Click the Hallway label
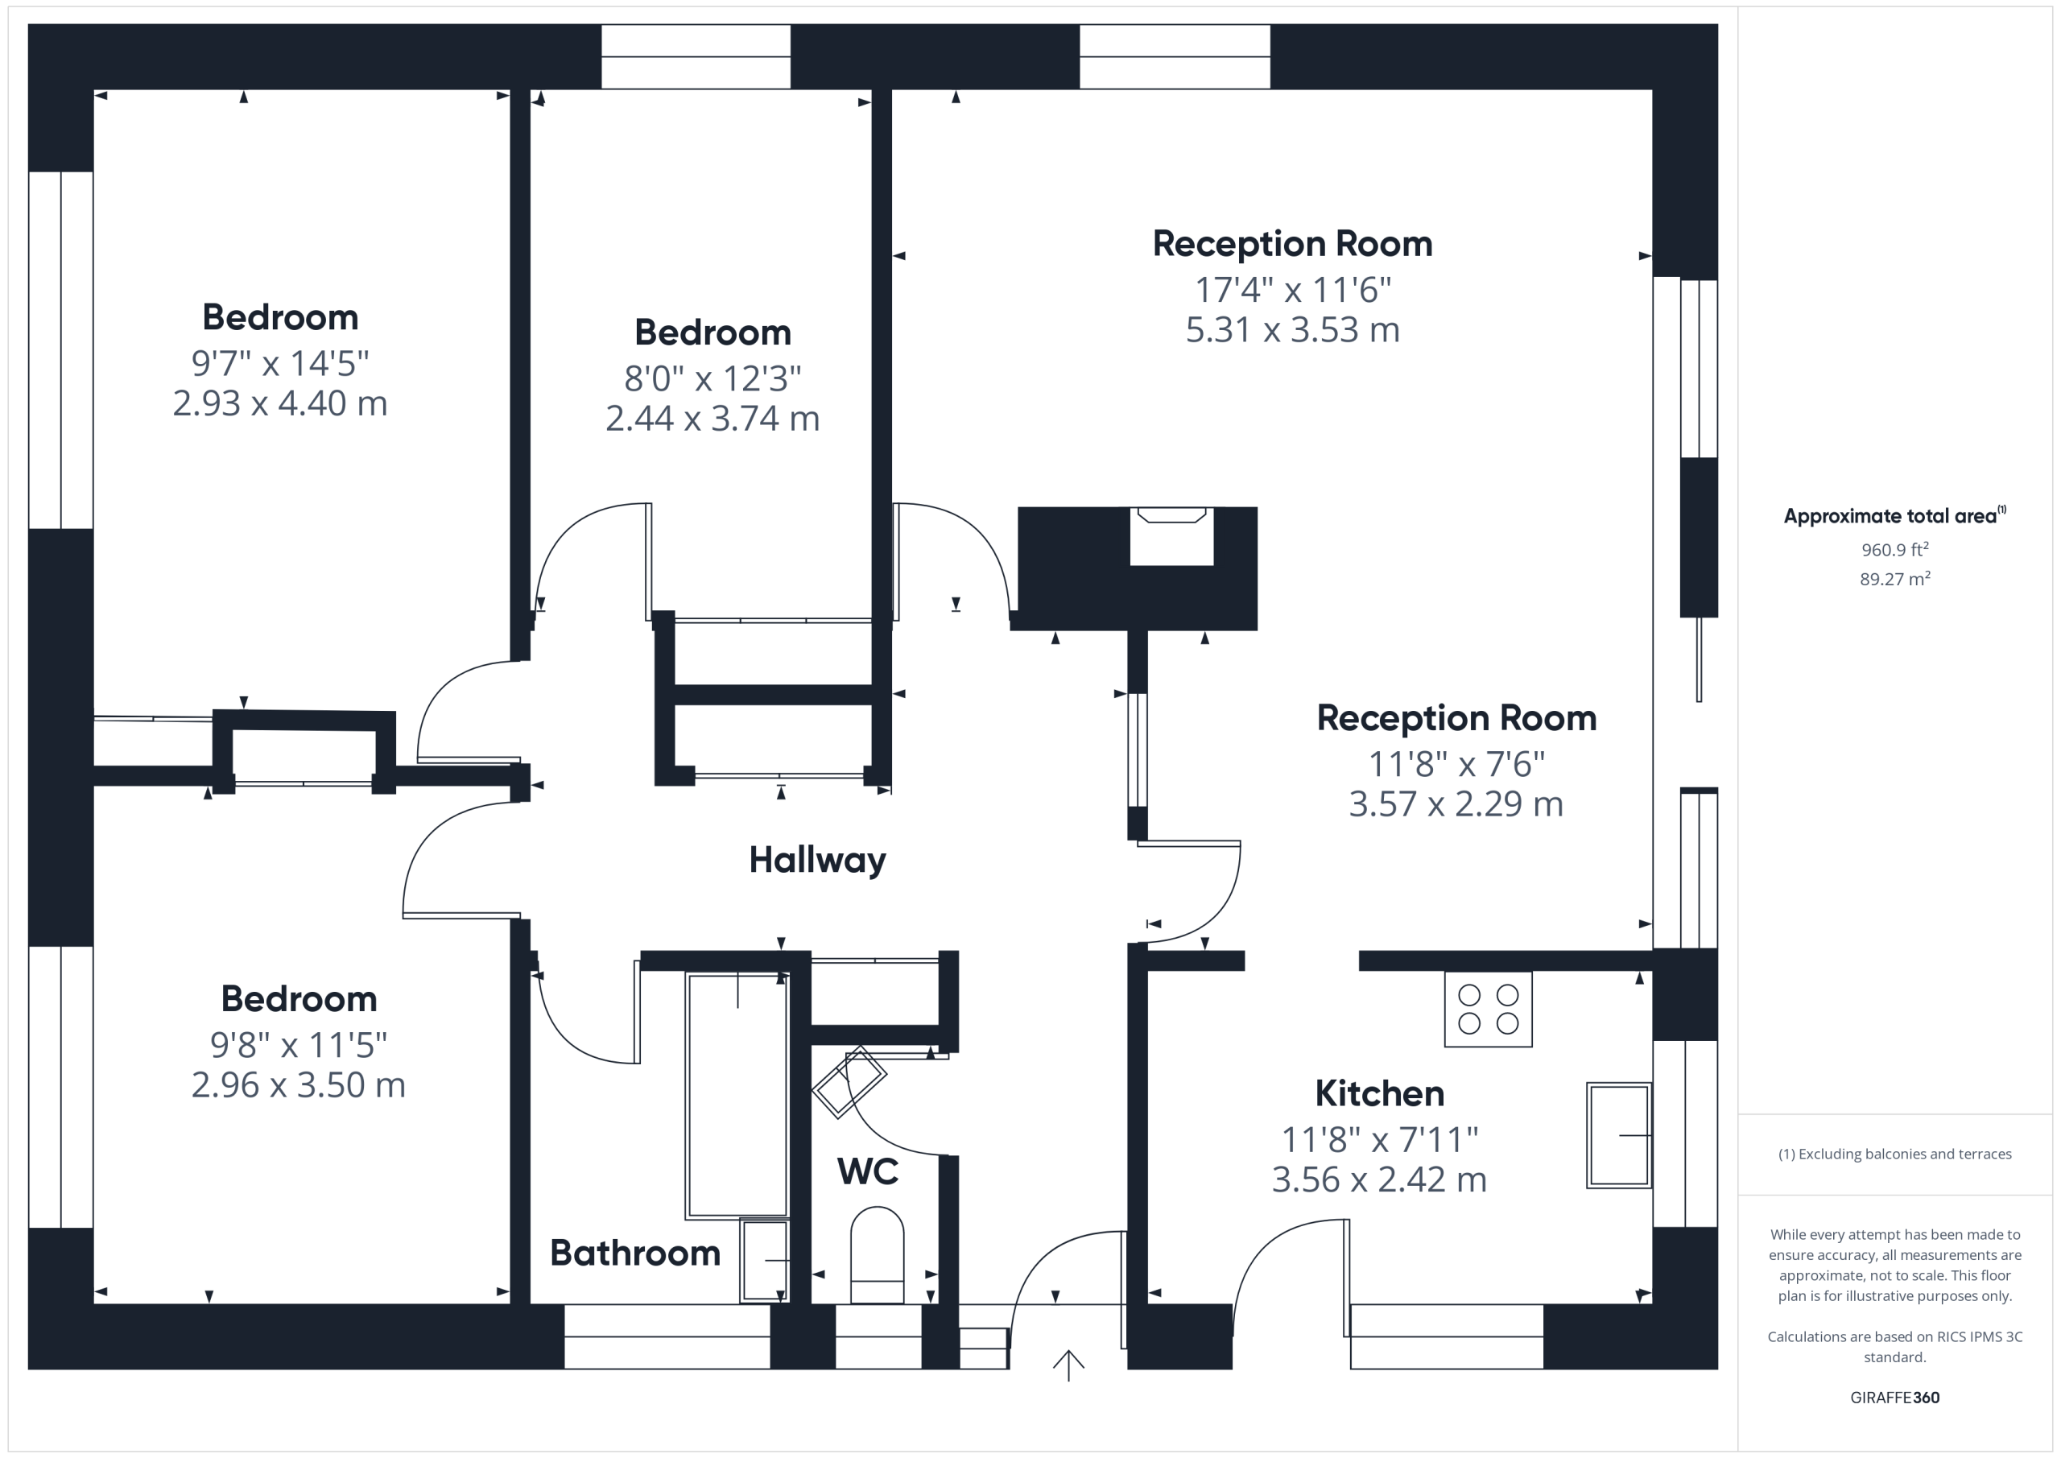[817, 860]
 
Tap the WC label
[867, 1171]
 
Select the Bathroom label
[634, 1253]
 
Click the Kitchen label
[1379, 1093]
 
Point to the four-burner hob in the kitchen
[1488, 1009]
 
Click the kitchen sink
[1618, 1136]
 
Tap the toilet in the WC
[877, 1255]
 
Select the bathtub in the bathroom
[737, 1095]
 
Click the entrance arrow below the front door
[1068, 1365]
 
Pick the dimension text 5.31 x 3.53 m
[1293, 330]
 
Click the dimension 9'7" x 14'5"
[280, 364]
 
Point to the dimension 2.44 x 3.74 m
[712, 419]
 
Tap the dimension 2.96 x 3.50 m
[298, 1084]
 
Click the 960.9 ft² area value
[1895, 549]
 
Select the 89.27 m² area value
[1895, 579]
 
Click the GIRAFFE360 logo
[1895, 1398]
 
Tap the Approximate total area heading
[1894, 515]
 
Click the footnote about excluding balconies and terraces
[1895, 1154]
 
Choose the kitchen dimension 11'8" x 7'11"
[1379, 1140]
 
